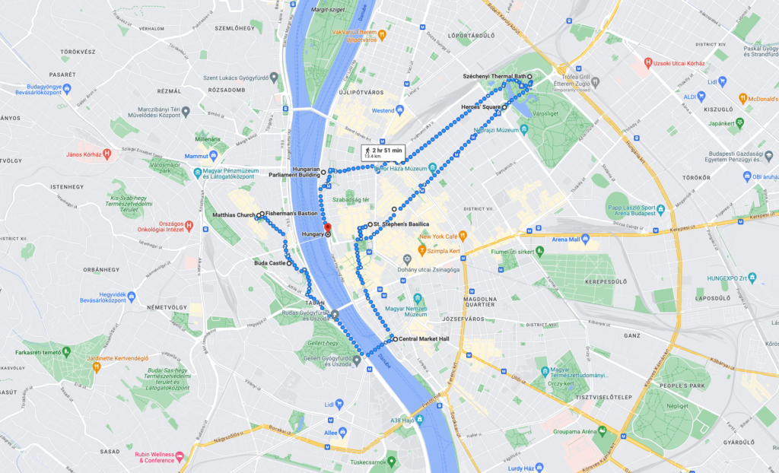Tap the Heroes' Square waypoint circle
504,108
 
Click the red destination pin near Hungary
328,227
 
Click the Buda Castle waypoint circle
289,263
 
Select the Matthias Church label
234,214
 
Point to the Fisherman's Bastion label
292,214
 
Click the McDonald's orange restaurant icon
743,98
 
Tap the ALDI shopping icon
706,97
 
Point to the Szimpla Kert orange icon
421,249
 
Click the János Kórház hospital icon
107,154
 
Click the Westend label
383,110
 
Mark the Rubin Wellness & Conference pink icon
180,456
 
